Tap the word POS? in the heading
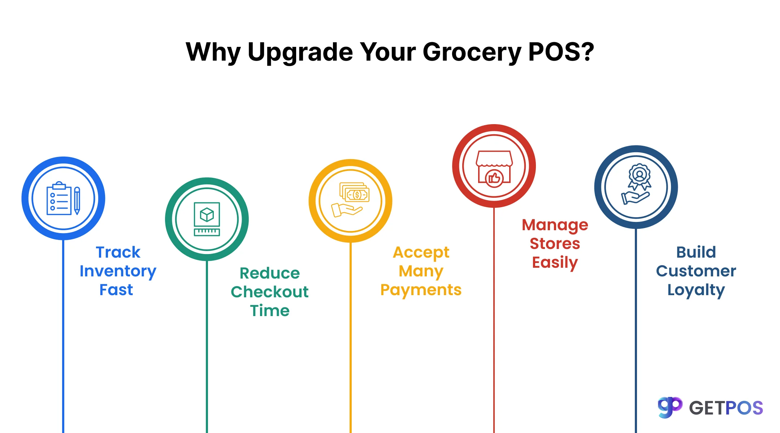561,52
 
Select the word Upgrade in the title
300,52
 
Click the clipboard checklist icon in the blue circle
59,199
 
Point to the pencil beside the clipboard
77,201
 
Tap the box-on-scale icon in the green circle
207,219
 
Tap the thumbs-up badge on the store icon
494,178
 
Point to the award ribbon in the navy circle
640,176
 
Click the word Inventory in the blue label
118,271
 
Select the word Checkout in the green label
270,292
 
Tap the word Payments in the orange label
421,290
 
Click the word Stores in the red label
555,244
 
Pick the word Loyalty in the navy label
696,290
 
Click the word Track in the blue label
118,252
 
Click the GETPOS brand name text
726,408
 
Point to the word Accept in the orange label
421,253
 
